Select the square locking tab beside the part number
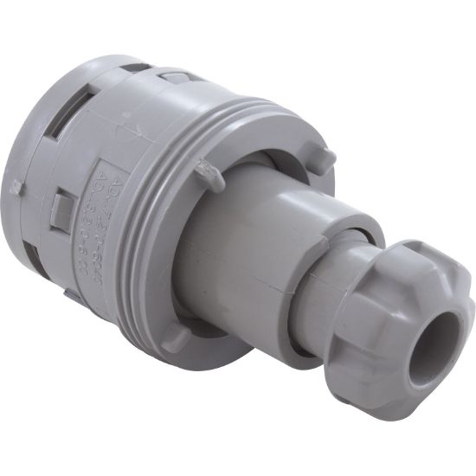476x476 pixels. pos(61,207)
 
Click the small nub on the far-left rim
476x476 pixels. pos(15,186)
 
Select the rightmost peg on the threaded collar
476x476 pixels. pos(323,156)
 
